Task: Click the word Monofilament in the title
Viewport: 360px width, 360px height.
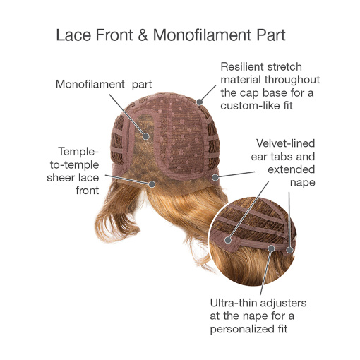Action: pos(203,35)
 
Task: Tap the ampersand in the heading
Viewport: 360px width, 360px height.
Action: pos(143,35)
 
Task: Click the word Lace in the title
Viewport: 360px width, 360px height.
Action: pos(73,35)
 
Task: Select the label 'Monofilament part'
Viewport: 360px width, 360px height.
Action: pos(104,84)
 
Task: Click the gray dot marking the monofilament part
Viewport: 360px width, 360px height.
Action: pos(146,136)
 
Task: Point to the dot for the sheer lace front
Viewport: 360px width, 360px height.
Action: pos(152,184)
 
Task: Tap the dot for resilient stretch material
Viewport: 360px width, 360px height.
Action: pos(200,102)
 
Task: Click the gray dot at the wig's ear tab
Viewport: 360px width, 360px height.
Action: pos(215,177)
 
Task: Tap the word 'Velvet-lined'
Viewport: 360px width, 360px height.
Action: pos(285,143)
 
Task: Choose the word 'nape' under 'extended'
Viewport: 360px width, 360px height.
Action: pos(302,182)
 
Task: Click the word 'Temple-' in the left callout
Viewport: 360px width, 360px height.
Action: pos(78,152)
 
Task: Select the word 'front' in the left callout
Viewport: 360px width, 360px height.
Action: pos(87,191)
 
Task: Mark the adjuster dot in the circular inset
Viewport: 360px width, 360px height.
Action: pos(271,248)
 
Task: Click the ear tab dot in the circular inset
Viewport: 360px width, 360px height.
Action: pos(228,240)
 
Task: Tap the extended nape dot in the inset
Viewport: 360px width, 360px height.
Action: pos(289,250)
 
